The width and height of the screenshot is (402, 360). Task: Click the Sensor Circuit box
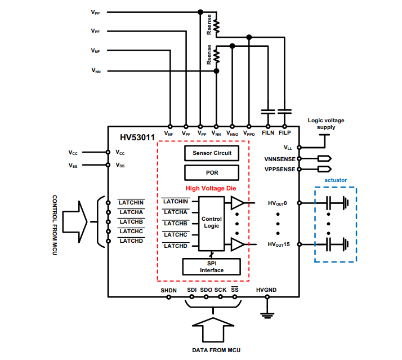[x=212, y=153]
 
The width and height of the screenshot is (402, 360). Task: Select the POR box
[x=212, y=171]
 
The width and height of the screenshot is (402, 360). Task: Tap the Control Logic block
[x=212, y=223]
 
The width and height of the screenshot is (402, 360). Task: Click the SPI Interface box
[x=212, y=266]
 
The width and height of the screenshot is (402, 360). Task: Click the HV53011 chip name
[x=137, y=137]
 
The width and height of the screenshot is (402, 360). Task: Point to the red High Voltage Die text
[x=211, y=188]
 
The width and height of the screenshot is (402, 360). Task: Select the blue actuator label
[x=336, y=180]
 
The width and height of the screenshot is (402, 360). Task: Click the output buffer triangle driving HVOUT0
[x=237, y=202]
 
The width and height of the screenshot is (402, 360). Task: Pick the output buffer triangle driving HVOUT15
[x=237, y=245]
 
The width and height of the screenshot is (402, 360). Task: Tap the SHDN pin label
[x=168, y=290]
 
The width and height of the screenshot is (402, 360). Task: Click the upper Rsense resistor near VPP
[x=216, y=26]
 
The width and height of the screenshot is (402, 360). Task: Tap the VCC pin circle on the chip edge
[x=108, y=152]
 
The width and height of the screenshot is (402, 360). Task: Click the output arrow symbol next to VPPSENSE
[x=324, y=168]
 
